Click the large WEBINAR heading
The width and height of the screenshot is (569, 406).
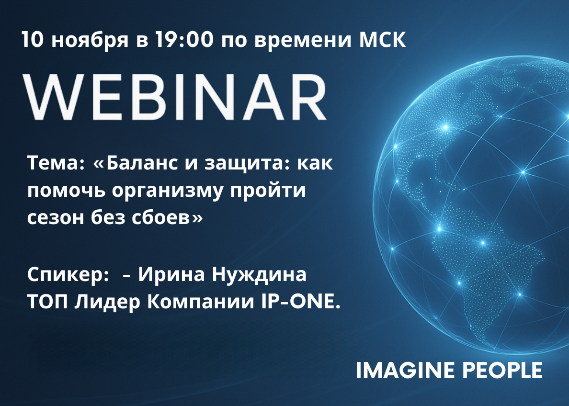[x=174, y=97]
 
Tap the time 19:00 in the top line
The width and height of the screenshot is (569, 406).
[x=184, y=39]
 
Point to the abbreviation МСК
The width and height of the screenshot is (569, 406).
[x=383, y=40]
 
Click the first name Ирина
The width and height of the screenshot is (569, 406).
[x=172, y=274]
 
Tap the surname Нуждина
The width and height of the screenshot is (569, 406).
[x=259, y=275]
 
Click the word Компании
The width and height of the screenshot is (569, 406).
[x=201, y=302]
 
